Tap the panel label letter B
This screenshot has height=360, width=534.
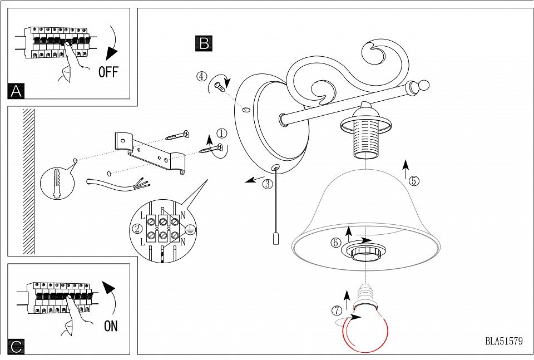tap(204, 43)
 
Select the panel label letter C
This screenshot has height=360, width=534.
tap(16, 347)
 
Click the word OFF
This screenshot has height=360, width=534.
tap(108, 72)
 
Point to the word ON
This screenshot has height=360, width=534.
tap(111, 327)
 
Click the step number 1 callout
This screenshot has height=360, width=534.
tap(222, 134)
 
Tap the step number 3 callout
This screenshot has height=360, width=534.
tap(268, 184)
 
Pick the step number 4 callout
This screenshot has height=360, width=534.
tap(201, 76)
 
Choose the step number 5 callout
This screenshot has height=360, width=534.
tap(413, 180)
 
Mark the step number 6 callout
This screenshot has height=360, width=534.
tap(335, 243)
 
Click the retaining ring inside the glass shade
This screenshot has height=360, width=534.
tap(364, 252)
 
